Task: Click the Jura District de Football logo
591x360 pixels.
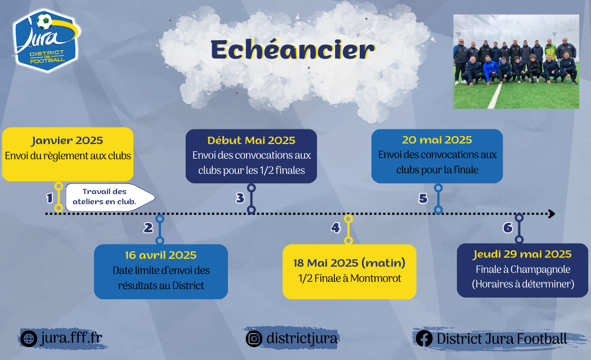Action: (x=46, y=40)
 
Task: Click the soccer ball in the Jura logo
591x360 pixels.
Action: (x=44, y=21)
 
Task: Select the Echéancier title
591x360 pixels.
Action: (x=293, y=49)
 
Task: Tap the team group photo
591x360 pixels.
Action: (x=516, y=62)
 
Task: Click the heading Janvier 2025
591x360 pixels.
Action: (x=67, y=141)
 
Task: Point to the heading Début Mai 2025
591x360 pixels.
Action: (x=251, y=141)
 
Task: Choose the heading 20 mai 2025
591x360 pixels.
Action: (x=437, y=140)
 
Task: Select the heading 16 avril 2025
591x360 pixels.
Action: (x=160, y=255)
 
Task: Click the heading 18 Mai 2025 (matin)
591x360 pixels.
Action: (x=350, y=263)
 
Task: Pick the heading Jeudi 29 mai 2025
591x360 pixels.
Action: (x=522, y=255)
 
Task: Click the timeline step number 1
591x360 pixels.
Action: (x=50, y=198)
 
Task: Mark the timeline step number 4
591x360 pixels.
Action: (x=335, y=227)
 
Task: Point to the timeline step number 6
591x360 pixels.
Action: (x=508, y=227)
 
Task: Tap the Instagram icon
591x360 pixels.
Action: (x=254, y=339)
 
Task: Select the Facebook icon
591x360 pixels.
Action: (x=424, y=339)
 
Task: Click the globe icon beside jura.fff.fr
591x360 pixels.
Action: (x=29, y=339)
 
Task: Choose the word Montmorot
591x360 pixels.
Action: (x=376, y=278)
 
